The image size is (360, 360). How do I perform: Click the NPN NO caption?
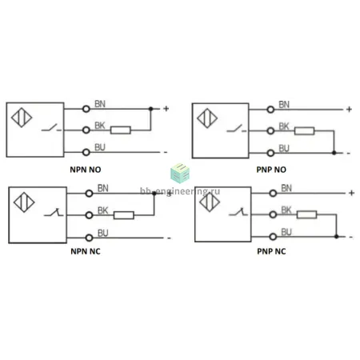tap(86, 170)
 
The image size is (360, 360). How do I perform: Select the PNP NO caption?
tap(271, 170)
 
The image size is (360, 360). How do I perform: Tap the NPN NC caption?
tap(86, 251)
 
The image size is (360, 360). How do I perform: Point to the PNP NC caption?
tap(271, 251)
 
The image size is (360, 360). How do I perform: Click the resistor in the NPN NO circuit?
tap(121, 130)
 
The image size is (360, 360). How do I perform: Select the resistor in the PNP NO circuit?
tap(305, 131)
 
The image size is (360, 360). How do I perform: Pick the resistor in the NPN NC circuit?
tap(124, 215)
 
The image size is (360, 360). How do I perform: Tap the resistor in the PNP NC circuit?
tap(306, 214)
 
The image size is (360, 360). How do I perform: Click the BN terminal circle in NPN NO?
tap(86, 109)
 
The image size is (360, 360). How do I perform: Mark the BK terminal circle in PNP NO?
tap(270, 131)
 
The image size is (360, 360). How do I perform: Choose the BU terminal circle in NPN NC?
tap(89, 238)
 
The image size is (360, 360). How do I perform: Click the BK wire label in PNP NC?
tap(286, 210)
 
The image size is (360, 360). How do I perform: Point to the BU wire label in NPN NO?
tap(100, 147)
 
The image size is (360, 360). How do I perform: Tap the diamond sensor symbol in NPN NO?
tap(22, 118)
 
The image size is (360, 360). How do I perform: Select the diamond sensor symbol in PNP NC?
tap(210, 202)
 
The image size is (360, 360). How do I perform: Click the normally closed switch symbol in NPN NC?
tap(54, 212)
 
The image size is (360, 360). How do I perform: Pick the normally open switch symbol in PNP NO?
tap(237, 129)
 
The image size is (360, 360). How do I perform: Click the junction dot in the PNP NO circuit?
tap(334, 153)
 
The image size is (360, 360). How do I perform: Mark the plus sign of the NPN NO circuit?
tap(166, 109)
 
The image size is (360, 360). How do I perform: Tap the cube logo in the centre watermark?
tap(180, 173)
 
